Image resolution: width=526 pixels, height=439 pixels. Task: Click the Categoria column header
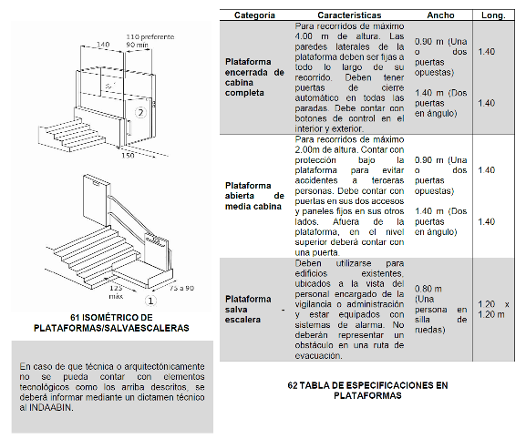254,15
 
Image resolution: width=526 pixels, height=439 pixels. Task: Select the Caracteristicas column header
349,15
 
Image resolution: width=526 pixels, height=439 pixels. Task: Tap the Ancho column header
440,15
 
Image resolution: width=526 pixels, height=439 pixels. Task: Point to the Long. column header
493,15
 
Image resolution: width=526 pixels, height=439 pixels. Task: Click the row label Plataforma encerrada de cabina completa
254,77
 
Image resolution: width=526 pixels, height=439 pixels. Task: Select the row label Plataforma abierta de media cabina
254,196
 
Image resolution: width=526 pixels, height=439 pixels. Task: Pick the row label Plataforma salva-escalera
254,310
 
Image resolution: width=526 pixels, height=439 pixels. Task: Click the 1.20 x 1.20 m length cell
493,310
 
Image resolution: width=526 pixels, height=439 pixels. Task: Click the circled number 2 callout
141,113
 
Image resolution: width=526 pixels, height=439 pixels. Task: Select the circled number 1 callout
150,301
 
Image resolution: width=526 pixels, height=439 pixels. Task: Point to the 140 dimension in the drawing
103,45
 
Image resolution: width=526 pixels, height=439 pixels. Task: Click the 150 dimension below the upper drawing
128,155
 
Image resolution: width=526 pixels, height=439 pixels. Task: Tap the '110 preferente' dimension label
150,36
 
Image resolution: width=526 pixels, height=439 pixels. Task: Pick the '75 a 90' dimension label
181,288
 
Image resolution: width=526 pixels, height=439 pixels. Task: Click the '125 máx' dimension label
116,292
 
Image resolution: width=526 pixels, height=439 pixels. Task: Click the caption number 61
75,317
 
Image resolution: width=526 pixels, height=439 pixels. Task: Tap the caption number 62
293,385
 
